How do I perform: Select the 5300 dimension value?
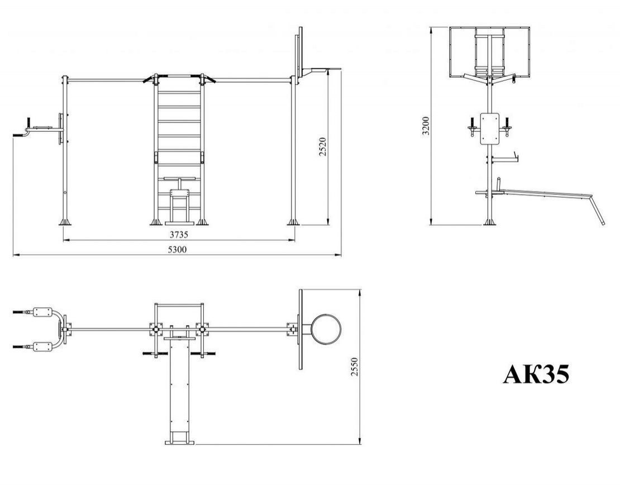point(177,249)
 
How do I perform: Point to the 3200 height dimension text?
point(426,126)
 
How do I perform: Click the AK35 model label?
point(536,374)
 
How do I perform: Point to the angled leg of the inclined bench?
point(598,211)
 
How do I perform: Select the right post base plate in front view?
point(293,222)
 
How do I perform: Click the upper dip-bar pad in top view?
point(43,311)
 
